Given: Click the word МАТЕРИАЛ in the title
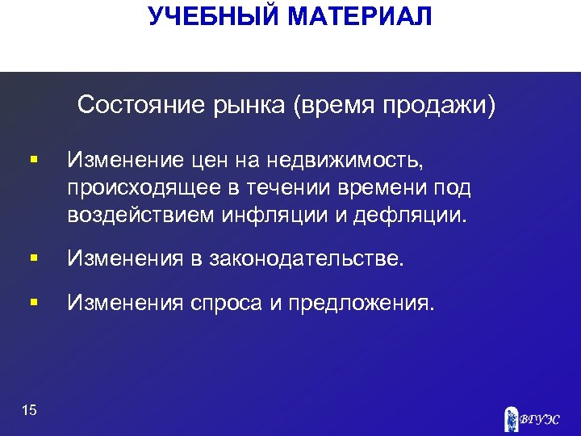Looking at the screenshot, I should [362, 16].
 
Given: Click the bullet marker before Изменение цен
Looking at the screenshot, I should [32, 162].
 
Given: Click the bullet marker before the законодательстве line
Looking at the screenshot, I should [32, 259].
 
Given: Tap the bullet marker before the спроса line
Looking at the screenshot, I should [32, 303].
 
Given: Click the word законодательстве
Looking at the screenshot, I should [306, 259].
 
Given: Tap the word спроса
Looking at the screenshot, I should [229, 303].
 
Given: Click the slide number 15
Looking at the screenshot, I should [30, 411].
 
